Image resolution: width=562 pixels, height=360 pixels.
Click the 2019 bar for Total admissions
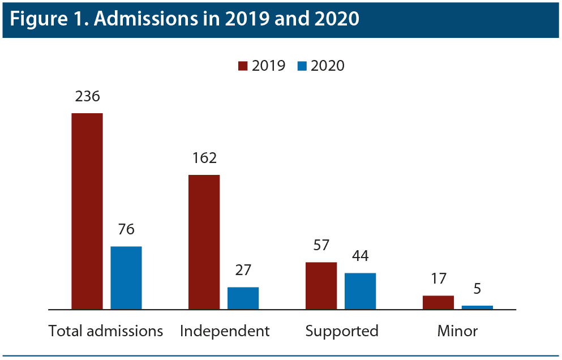[x=87, y=211]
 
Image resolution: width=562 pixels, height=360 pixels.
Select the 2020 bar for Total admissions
[x=126, y=278]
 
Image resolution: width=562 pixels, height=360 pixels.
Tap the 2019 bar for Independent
[x=204, y=242]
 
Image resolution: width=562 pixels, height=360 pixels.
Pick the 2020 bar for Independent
[x=243, y=298]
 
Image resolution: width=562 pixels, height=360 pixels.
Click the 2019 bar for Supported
[x=321, y=286]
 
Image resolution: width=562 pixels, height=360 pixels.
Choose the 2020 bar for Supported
[x=360, y=291]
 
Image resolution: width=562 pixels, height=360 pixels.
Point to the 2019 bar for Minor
[x=438, y=302]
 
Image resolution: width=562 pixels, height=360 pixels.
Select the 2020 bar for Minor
[x=477, y=307]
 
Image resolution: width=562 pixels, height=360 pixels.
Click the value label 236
[x=87, y=96]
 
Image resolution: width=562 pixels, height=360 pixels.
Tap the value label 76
[x=126, y=229]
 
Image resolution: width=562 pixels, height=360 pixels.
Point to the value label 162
[x=204, y=158]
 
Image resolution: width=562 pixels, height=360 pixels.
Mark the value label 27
[x=243, y=270]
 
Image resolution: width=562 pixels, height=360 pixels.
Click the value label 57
[x=321, y=245]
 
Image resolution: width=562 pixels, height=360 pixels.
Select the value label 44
[x=360, y=256]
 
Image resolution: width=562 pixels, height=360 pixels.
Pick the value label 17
[x=438, y=278]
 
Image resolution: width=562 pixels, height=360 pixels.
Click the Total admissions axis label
[x=106, y=331]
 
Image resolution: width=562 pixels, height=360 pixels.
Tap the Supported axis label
[x=342, y=331]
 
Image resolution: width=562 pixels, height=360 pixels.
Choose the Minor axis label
[x=457, y=331]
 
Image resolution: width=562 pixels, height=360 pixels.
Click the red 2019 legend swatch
[x=243, y=66]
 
